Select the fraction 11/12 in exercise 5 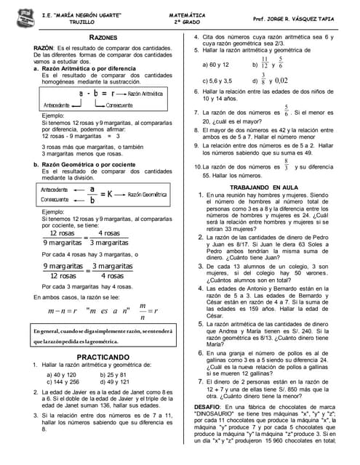click(x=264, y=63)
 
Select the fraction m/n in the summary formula click(x=143, y=310)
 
